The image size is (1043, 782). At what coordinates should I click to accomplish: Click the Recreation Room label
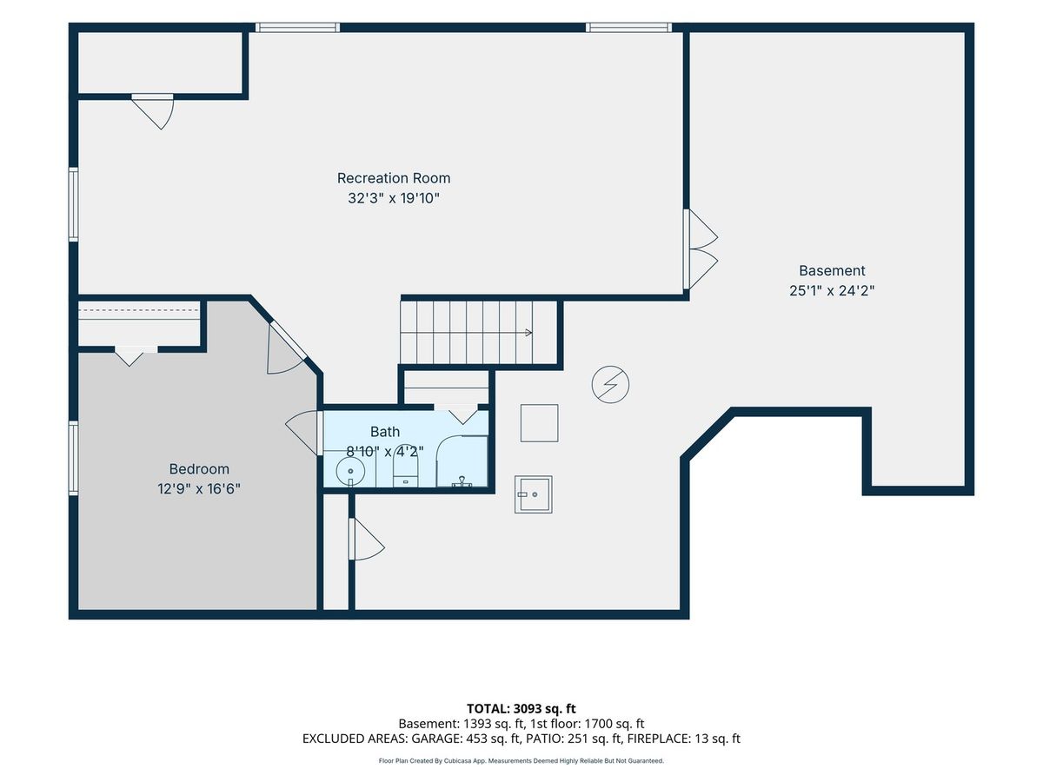coord(394,178)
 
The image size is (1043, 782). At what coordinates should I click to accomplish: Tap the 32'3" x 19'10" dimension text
coord(394,198)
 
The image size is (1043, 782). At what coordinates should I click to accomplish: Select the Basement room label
coord(832,270)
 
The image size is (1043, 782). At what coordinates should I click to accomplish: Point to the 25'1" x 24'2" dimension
coord(832,290)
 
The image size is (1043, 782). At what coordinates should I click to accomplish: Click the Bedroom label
coord(199,469)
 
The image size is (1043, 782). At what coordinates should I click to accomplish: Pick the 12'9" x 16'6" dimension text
coord(199,488)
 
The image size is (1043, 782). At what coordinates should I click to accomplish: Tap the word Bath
coord(385,432)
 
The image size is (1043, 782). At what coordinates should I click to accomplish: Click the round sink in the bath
coord(350,472)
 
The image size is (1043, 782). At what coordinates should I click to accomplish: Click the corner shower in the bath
coord(462,461)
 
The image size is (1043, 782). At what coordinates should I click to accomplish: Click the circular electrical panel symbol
coord(610,385)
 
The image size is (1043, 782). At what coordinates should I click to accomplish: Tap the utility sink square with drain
coord(533,494)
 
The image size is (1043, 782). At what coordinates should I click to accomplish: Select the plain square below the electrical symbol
coord(540,423)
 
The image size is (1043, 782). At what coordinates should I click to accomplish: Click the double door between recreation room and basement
coord(701,249)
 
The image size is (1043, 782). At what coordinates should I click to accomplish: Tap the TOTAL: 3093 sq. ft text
coord(521,709)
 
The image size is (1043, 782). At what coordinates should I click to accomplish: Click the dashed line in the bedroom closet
coord(138,310)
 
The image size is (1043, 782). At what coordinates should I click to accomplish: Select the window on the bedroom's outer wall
coord(74,458)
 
